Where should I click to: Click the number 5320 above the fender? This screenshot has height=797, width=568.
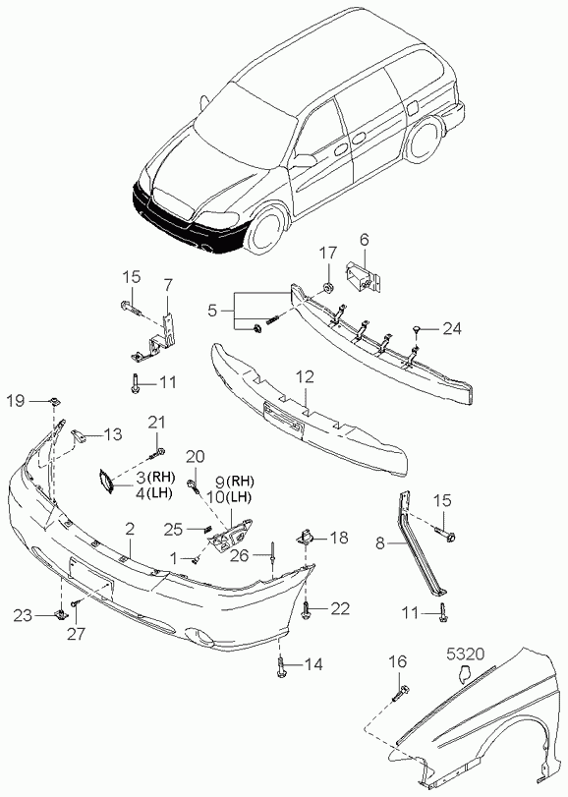pos(466,654)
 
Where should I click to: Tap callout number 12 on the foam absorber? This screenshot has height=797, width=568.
pos(305,376)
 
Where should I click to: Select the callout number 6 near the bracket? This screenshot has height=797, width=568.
pos(365,240)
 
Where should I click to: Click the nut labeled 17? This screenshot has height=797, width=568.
pos(328,289)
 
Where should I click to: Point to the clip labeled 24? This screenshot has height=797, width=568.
pos(417,331)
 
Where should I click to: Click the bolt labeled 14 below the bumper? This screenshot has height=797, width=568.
pos(280,666)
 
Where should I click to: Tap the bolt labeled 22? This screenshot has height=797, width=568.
pos(307,609)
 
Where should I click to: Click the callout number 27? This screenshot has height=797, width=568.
pos(79,633)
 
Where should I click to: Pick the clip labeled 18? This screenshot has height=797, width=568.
pos(305,537)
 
